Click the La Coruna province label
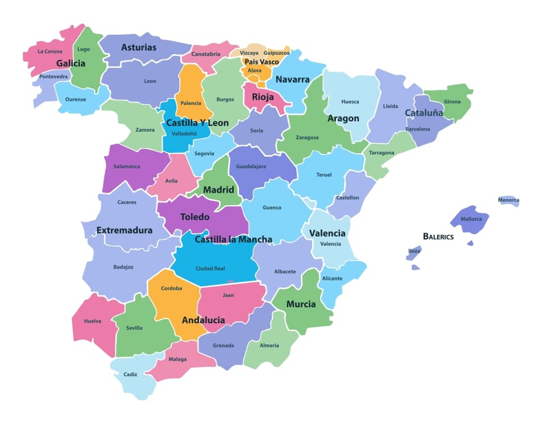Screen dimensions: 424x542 click(x=50, y=51)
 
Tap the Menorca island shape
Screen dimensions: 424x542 click(x=508, y=200)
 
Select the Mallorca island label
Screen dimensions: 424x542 click(x=471, y=219)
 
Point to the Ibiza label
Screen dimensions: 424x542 click(x=414, y=251)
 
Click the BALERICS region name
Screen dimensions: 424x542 click(x=438, y=236)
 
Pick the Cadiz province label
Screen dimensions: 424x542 click(x=130, y=374)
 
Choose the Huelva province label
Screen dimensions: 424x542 click(x=92, y=321)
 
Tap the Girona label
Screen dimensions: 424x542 click(x=452, y=102)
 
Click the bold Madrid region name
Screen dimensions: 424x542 click(x=219, y=190)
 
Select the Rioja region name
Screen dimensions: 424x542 click(x=262, y=97)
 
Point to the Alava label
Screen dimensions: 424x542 click(x=254, y=71)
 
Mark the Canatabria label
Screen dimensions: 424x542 click(x=205, y=54)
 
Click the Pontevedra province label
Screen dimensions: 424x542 click(x=54, y=76)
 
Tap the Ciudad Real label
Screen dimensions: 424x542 click(x=210, y=268)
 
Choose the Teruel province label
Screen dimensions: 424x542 click(x=323, y=174)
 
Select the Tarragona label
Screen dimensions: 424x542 click(x=381, y=153)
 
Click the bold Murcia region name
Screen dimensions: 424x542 click(x=301, y=304)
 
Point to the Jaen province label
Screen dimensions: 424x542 click(x=228, y=295)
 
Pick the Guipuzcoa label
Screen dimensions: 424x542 click(x=277, y=53)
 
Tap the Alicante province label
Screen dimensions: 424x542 click(x=332, y=278)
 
